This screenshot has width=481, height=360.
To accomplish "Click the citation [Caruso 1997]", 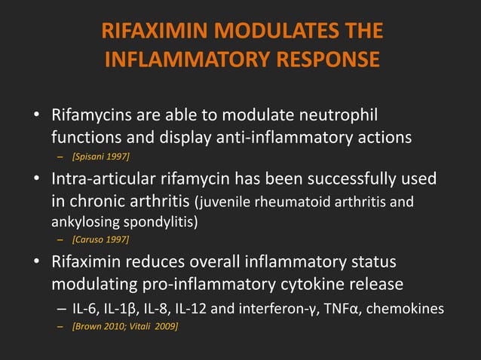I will pyautogui.click(x=100, y=240).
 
